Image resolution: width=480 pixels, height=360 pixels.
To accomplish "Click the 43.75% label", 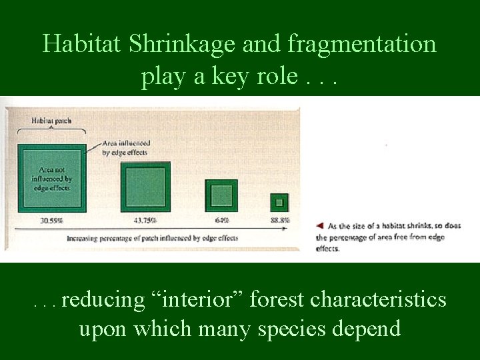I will [145, 220].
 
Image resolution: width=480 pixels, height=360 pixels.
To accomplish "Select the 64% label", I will [222, 220].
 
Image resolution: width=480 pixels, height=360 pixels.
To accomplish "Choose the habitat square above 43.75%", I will [145, 187].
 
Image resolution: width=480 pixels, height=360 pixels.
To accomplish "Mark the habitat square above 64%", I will [221, 196].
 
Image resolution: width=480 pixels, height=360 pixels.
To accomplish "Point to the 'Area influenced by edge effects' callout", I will [126, 148].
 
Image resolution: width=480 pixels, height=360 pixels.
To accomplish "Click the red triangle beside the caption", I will [321, 226].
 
